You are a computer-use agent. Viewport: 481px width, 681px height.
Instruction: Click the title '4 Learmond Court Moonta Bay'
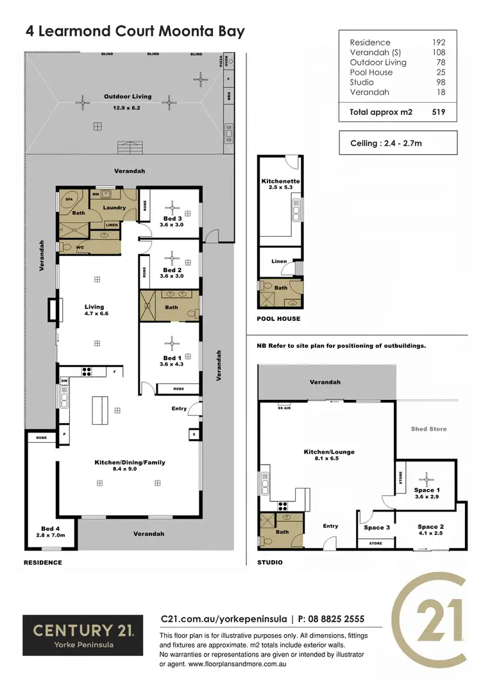coord(135,31)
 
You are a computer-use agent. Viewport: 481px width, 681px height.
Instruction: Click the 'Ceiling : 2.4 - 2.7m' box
coord(398,143)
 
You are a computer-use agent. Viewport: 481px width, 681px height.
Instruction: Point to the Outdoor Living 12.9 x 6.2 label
coord(128,101)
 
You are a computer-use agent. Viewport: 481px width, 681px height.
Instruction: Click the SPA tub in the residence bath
coord(69,200)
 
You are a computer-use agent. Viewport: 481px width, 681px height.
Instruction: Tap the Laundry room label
coord(115,207)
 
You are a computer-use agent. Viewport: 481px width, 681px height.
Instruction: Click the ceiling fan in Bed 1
coord(171,340)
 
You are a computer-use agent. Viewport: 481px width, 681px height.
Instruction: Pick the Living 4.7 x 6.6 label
coord(94,311)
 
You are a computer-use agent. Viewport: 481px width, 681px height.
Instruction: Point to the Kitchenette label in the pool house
coord(280,184)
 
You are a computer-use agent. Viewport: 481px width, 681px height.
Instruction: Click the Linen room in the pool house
coord(279,262)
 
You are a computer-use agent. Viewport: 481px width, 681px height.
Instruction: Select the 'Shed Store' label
coord(428,429)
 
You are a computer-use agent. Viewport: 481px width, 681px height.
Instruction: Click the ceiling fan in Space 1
coord(426,478)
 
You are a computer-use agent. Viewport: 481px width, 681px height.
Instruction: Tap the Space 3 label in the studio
coord(376,528)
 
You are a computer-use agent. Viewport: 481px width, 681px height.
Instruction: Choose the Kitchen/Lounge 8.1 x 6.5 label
coord(328,456)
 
